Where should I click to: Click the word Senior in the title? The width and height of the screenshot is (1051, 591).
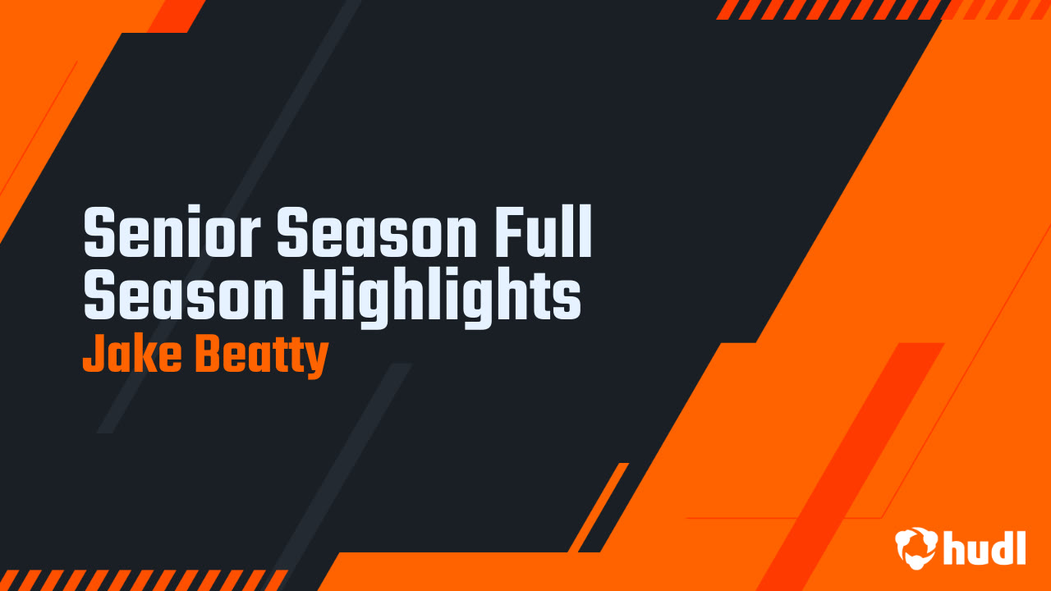click(172, 231)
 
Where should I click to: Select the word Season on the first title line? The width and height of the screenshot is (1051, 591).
click(377, 231)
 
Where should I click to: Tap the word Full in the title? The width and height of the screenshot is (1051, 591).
click(543, 231)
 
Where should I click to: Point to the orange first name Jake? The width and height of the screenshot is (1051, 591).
click(132, 354)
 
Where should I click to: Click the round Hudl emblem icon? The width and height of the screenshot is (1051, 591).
click(916, 547)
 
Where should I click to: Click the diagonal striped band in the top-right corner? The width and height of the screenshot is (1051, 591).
click(882, 9)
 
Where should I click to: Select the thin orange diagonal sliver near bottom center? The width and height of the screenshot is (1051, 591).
click(599, 507)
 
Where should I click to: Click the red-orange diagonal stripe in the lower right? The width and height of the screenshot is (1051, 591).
click(849, 467)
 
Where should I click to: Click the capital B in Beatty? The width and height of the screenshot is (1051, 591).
click(209, 354)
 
